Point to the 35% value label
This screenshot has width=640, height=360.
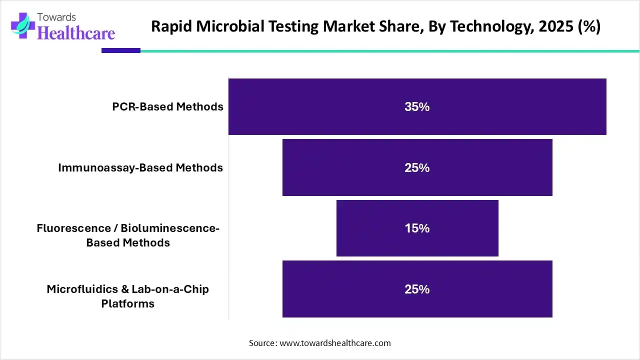[x=417, y=107]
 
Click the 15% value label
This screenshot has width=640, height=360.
[x=417, y=228]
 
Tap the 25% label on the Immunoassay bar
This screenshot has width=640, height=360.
[x=417, y=168]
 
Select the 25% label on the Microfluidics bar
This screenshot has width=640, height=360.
[x=417, y=289]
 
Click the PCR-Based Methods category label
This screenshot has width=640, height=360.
[x=167, y=106]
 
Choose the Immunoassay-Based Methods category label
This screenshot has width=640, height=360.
[x=140, y=167]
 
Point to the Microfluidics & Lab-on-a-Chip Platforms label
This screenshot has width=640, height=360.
[x=128, y=296]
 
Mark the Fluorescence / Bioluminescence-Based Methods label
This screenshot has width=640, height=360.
[x=128, y=235]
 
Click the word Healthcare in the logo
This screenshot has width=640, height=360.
[x=76, y=33]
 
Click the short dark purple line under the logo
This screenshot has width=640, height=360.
[x=121, y=50]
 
